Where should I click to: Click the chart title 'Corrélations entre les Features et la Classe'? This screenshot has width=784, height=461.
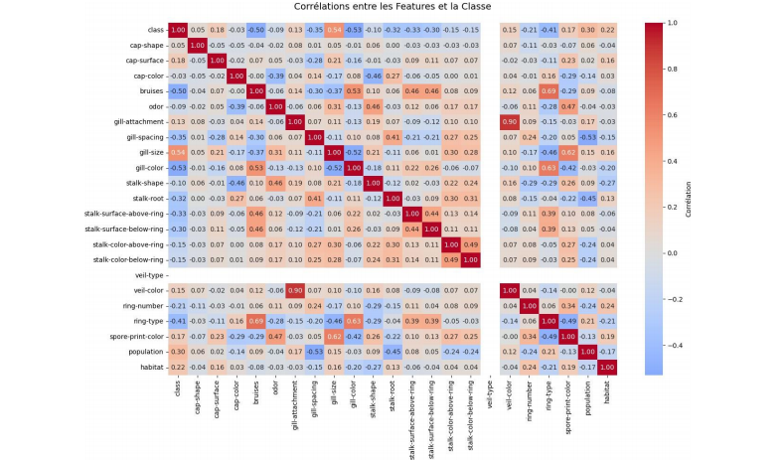[x=392, y=7]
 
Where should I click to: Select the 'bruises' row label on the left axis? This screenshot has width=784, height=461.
[x=149, y=90]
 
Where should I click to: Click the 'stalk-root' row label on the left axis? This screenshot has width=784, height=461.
[x=145, y=198]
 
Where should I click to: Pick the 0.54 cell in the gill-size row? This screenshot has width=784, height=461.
[x=178, y=152]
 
